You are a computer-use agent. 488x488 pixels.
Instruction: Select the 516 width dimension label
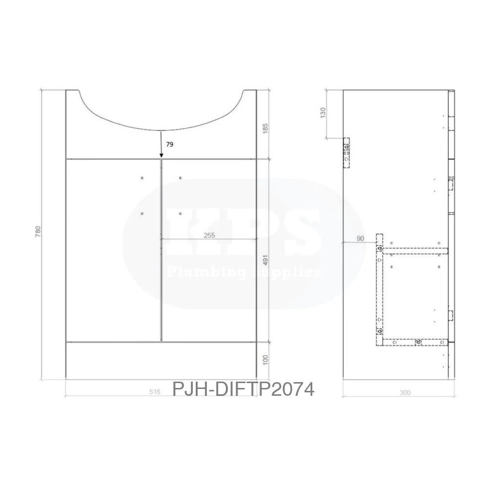(155, 391)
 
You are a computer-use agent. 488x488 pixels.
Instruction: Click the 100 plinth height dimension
(265, 360)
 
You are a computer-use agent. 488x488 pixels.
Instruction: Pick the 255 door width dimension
(210, 235)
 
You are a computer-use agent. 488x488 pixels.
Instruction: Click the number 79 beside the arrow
(169, 144)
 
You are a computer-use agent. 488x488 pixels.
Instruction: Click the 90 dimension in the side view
(361, 239)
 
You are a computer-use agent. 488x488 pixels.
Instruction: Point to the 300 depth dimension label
(405, 392)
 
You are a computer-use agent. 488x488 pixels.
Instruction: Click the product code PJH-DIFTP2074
(243, 389)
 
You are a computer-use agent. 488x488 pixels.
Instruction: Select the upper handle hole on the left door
(142, 178)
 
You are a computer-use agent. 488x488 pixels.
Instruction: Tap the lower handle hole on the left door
(142, 213)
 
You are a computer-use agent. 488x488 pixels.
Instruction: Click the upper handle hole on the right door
(180, 178)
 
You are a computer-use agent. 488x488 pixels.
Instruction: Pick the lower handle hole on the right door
(180, 213)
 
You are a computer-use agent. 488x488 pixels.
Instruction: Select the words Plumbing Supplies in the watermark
(244, 271)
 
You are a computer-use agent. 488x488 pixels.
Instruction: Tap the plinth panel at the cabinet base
(162, 360)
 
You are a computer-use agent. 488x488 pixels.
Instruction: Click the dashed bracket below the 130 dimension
(346, 153)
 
